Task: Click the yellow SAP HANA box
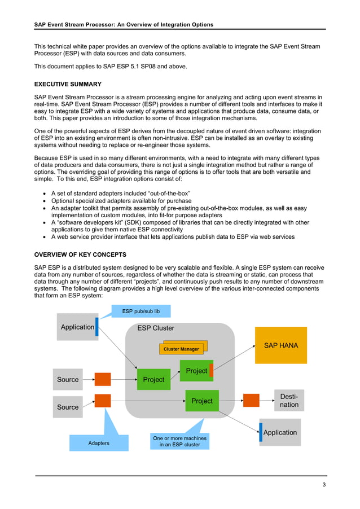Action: pos(281,345)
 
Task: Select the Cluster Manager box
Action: pos(181,349)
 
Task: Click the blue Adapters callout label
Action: pos(99,443)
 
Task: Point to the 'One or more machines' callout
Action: pos(179,441)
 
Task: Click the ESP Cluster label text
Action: pos(156,328)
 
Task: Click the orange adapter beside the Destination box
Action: pos(251,400)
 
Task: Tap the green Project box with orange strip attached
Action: pos(196,371)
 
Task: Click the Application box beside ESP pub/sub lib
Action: pos(78,327)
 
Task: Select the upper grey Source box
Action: pos(68,380)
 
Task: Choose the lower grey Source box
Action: pos(68,407)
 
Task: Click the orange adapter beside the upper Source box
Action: pos(103,379)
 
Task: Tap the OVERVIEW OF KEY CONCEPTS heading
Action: pos(80,254)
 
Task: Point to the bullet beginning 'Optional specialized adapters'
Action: pos(121,201)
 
